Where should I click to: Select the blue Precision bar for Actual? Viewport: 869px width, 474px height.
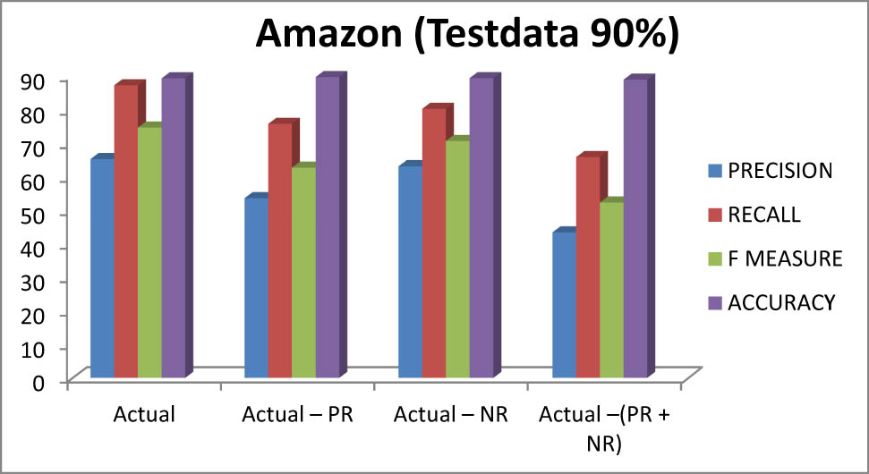(102, 268)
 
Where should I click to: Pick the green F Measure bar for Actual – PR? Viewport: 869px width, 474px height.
(303, 272)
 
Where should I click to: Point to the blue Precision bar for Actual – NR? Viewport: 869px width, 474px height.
(410, 272)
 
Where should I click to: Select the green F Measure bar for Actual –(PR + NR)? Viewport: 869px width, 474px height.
(611, 290)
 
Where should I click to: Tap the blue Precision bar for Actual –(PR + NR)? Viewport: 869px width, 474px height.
(564, 305)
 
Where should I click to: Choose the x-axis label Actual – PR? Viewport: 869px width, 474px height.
(298, 415)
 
